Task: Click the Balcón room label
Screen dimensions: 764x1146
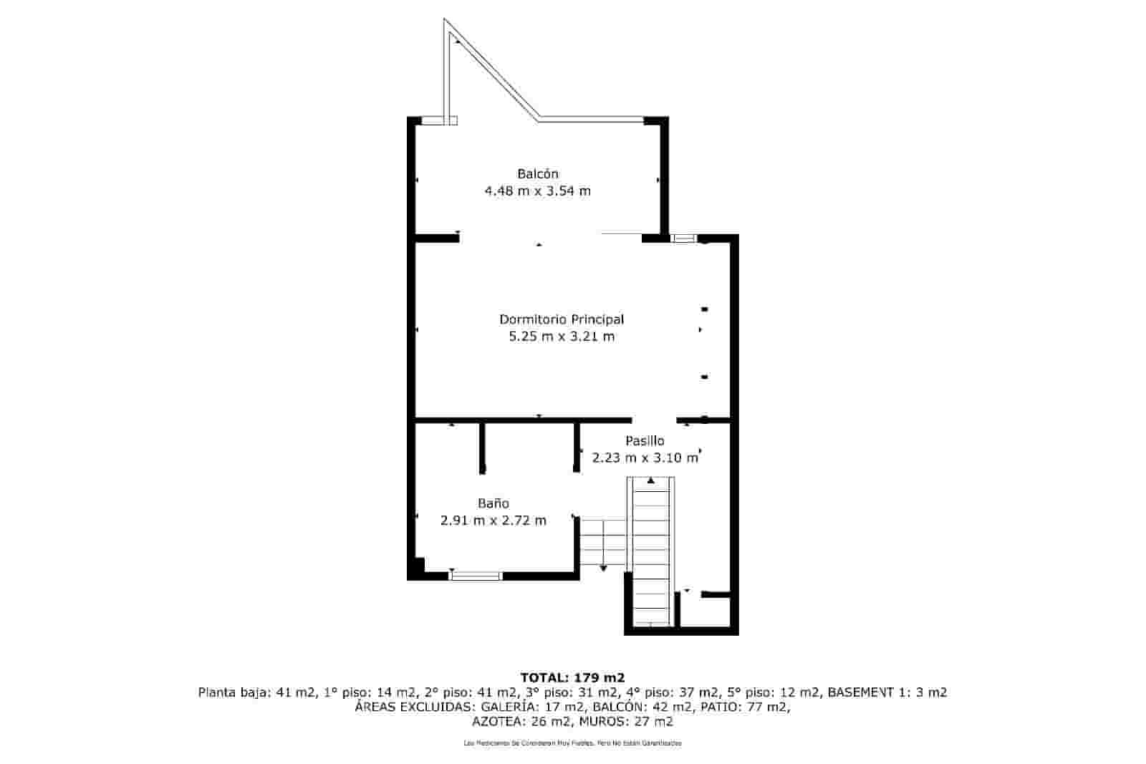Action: [537, 174]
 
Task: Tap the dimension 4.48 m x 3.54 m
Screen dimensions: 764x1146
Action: [537, 191]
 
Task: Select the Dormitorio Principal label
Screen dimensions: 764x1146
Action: [561, 319]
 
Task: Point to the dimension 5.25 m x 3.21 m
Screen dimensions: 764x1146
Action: [561, 337]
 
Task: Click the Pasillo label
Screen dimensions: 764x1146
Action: [645, 441]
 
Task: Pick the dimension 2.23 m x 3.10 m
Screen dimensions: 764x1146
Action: [645, 458]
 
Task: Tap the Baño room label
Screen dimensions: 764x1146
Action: [493, 503]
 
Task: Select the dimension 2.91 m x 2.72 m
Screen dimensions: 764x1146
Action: [493, 521]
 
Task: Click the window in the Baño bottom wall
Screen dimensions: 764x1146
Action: [475, 575]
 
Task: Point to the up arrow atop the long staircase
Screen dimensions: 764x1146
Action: [650, 480]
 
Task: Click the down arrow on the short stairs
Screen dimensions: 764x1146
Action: [603, 568]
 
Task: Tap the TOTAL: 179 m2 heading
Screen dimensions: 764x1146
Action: [572, 677]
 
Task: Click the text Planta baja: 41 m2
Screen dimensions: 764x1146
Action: [256, 692]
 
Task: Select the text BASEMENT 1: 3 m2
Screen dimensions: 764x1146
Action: [887, 692]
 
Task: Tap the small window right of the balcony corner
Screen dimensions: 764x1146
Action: [683, 238]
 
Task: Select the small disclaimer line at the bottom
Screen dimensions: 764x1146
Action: [572, 743]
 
